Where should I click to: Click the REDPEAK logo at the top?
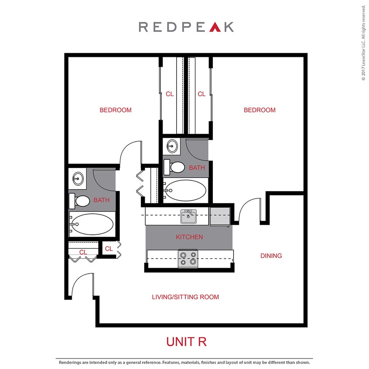[186, 27]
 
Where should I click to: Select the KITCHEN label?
[189, 237]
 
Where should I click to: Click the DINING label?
[271, 256]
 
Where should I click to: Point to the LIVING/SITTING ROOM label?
[185, 297]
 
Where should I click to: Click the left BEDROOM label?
[115, 110]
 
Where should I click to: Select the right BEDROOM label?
[260, 110]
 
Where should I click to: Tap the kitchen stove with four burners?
[188, 259]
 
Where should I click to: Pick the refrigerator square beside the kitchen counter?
[219, 216]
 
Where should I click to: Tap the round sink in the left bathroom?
[79, 178]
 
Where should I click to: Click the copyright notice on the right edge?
[363, 43]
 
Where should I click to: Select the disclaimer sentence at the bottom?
[184, 362]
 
